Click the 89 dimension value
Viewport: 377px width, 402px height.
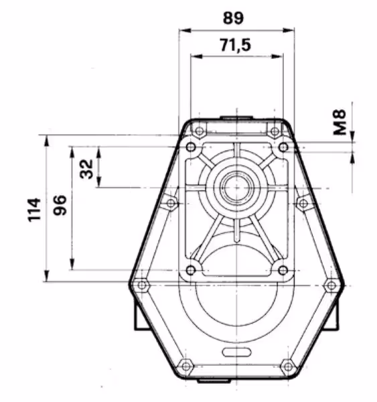pyautogui.click(x=233, y=18)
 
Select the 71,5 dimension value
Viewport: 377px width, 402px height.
pyautogui.click(x=236, y=45)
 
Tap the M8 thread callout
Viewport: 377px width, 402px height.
pyautogui.click(x=340, y=122)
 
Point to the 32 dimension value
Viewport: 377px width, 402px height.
pyautogui.click(x=86, y=169)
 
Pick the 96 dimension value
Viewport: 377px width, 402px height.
pyautogui.click(x=60, y=205)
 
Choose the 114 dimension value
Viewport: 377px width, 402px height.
pyautogui.click(x=34, y=210)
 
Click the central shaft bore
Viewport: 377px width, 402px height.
pyautogui.click(x=236, y=188)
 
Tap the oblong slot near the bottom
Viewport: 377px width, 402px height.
pyautogui.click(x=236, y=352)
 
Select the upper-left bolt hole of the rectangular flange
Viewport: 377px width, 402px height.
pyautogui.click(x=191, y=147)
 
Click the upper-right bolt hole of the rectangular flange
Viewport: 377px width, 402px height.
pyautogui.click(x=283, y=147)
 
